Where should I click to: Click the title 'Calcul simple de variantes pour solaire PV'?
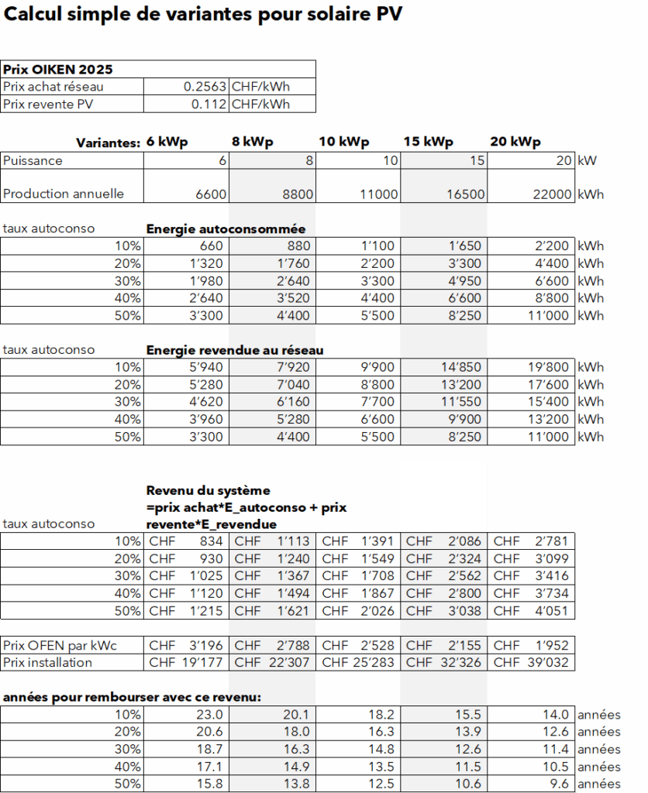[203, 14]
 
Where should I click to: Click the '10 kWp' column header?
[343, 142]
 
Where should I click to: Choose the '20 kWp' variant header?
[515, 142]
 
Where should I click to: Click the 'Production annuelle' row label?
[63, 194]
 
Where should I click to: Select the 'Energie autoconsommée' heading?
[226, 229]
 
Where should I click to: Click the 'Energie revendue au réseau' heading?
[235, 350]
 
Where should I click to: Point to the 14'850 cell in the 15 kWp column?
[463, 367]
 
